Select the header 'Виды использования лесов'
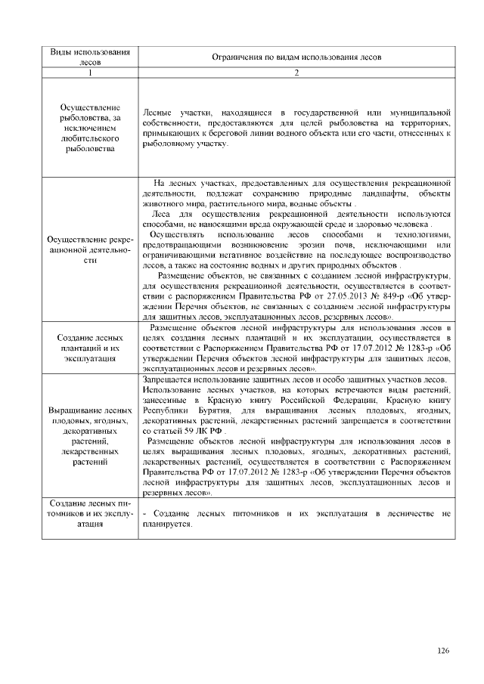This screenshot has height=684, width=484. click(x=89, y=57)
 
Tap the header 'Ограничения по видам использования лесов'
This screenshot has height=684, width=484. click(x=297, y=57)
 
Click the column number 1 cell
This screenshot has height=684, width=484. click(x=89, y=73)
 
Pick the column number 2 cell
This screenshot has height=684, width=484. click(x=297, y=73)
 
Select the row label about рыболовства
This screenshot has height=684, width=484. click(x=89, y=128)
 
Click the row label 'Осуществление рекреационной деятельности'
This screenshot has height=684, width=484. click(x=89, y=249)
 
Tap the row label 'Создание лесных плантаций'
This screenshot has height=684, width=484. click(x=89, y=348)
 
